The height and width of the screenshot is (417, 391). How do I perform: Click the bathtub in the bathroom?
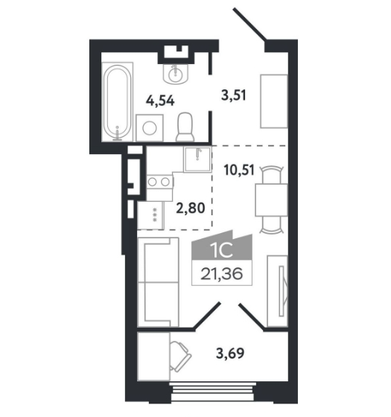[118, 102]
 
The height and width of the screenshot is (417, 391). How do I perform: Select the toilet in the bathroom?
[185, 127]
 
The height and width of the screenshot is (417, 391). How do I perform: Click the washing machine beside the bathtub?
[150, 128]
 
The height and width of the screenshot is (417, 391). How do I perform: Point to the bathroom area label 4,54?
[160, 101]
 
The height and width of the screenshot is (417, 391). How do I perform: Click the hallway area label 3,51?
[234, 95]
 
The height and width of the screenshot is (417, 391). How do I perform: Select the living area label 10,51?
[239, 170]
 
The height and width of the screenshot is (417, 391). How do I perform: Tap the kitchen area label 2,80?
[191, 208]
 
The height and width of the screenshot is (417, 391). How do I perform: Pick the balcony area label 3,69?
[230, 354]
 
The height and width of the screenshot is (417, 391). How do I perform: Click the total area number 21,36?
[222, 274]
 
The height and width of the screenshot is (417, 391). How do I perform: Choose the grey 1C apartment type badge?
[222, 245]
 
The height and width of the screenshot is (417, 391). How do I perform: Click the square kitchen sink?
[197, 159]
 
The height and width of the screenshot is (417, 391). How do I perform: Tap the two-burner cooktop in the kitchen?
[159, 182]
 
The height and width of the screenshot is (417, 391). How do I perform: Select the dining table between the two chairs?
[271, 200]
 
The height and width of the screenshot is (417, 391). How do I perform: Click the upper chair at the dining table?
[271, 174]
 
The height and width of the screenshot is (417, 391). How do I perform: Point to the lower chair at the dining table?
[271, 225]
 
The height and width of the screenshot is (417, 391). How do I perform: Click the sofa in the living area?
[158, 282]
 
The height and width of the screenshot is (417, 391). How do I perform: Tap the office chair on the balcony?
[180, 356]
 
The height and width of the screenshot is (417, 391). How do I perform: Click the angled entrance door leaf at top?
[249, 24]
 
